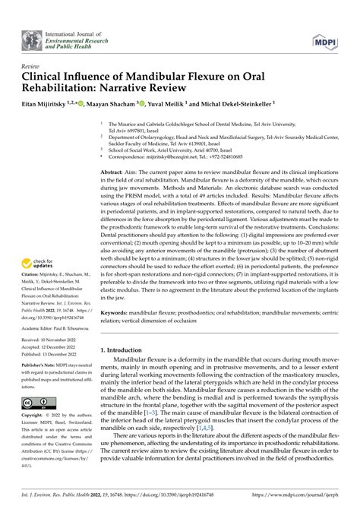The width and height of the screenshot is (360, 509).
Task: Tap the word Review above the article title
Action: pyautogui.click(x=33, y=66)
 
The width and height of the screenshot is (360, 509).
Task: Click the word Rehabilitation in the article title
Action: pyautogui.click(x=64, y=89)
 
